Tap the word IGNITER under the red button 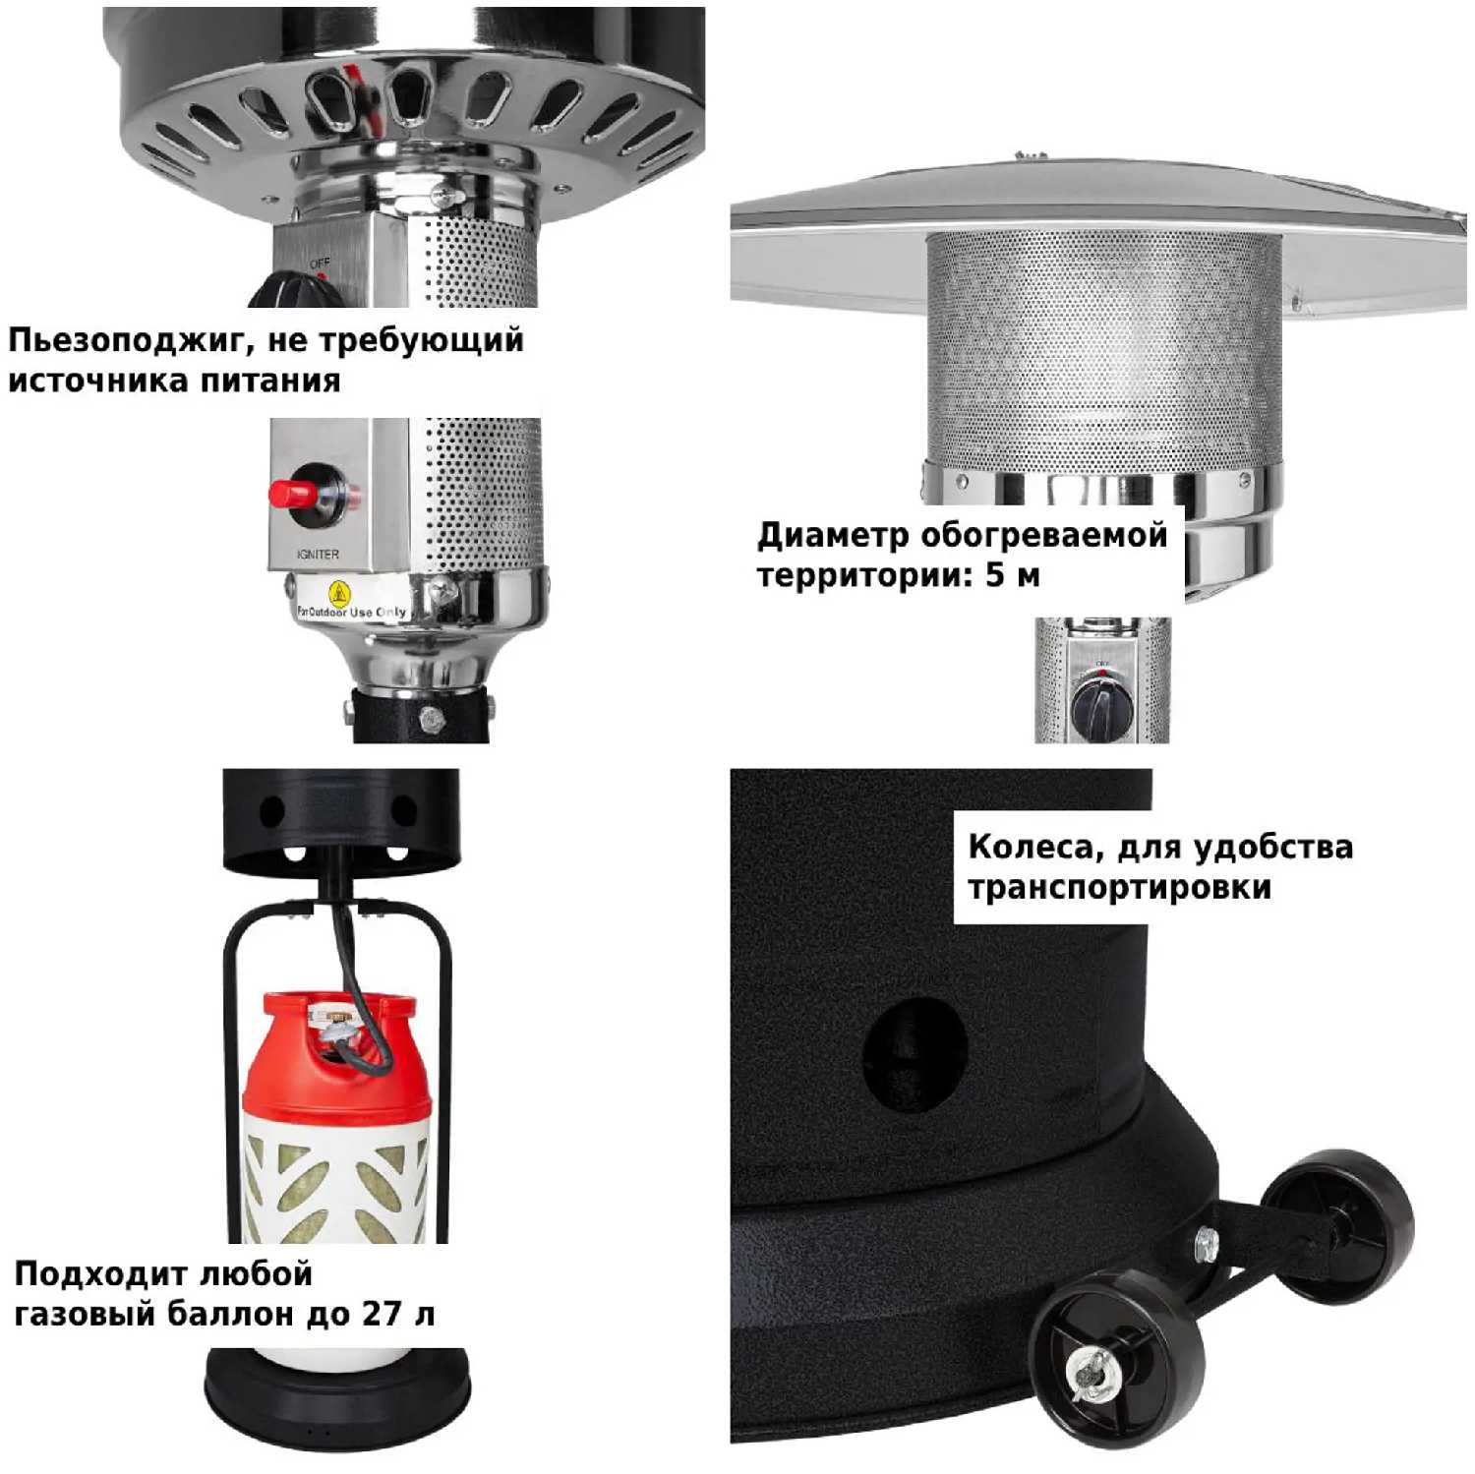coord(318,555)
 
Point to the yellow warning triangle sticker coord(339,594)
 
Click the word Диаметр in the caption coord(833,537)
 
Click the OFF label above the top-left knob coord(321,264)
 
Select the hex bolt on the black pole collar coord(430,718)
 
